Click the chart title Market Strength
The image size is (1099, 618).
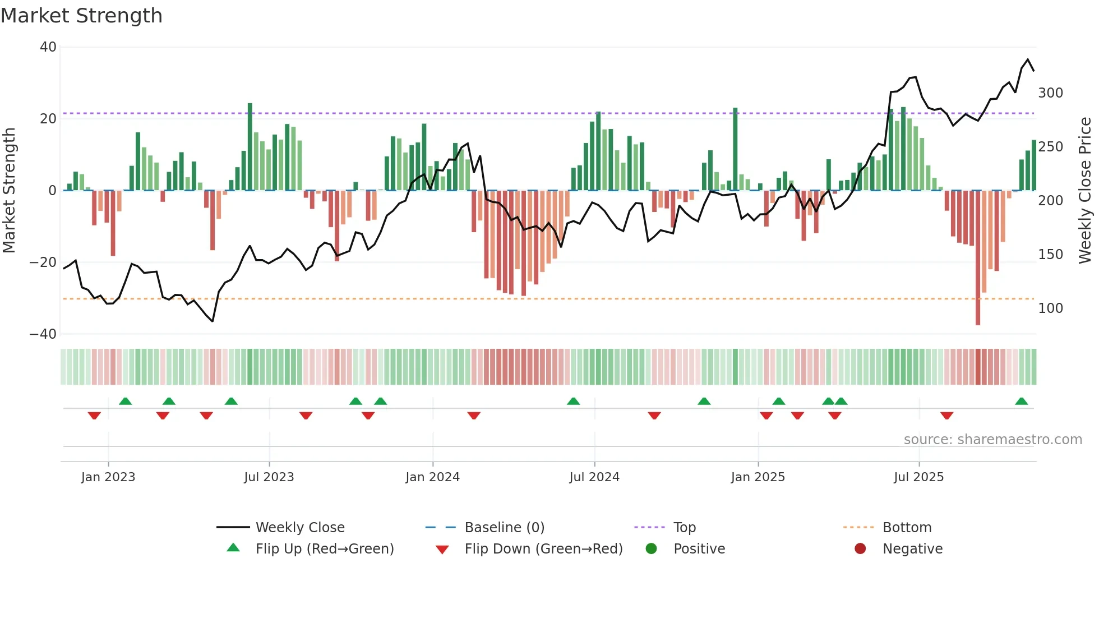pos(81,16)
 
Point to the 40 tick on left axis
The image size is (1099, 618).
pos(48,47)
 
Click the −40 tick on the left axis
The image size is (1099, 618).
pos(43,334)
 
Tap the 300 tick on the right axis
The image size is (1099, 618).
pos(1050,93)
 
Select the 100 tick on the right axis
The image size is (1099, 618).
pos(1050,308)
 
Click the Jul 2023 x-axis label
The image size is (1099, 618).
pos(269,477)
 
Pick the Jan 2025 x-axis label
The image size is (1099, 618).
pos(758,477)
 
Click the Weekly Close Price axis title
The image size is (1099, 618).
pos(1085,191)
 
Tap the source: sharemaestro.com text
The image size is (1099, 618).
pos(992,440)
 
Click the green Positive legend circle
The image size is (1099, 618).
pos(651,548)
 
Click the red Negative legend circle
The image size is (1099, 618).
pos(860,548)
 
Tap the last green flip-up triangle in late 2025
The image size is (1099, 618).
pos(1021,402)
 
